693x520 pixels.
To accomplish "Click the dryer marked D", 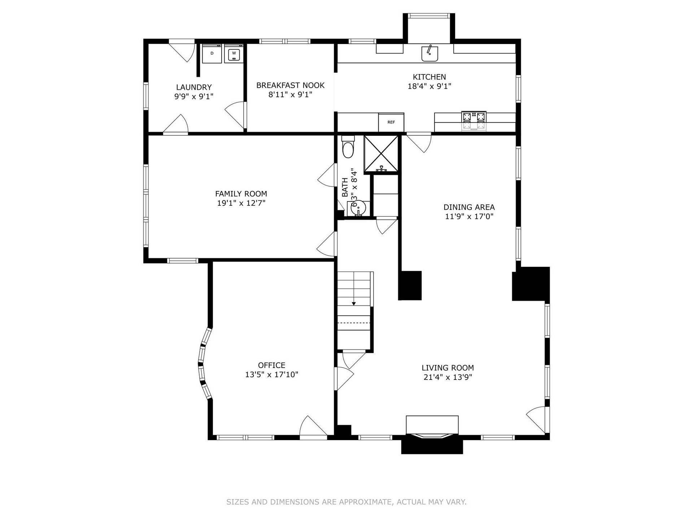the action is point(212,53).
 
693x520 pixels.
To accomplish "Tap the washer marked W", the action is point(234,53).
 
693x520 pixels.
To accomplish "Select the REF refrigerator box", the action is point(391,122).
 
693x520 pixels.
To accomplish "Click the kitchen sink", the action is point(430,53).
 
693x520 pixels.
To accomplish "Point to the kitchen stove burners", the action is point(474,121).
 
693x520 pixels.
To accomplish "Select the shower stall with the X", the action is point(381,154).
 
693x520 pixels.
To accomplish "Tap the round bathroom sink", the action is point(358,208).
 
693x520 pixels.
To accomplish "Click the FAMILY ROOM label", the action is point(241,194).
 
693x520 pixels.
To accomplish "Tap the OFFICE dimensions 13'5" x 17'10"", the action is point(272,375).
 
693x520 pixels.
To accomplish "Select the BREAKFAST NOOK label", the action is point(291,85).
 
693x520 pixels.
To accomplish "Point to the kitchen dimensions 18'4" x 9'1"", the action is point(430,86).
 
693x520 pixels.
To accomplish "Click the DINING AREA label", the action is point(469,207).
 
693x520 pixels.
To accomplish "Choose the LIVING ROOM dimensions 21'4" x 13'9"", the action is point(448,377).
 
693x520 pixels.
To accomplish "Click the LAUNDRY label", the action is point(194,87).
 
